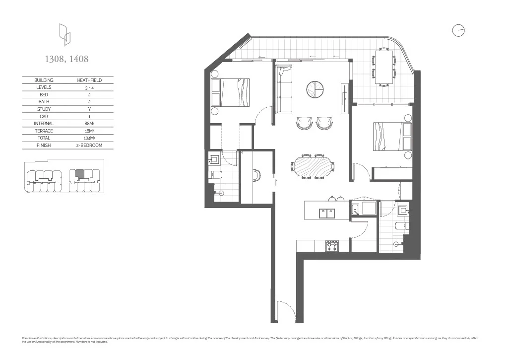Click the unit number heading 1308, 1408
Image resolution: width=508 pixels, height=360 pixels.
click(x=66, y=59)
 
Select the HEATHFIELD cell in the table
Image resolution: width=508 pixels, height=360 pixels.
click(x=90, y=80)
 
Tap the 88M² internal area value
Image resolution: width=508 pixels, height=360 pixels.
click(x=90, y=124)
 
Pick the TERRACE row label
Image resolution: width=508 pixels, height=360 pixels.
click(x=44, y=131)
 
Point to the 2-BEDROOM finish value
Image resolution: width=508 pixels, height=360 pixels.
click(x=90, y=145)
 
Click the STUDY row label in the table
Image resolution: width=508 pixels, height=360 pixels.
click(x=44, y=109)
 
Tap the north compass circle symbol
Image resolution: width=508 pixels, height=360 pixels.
click(x=458, y=30)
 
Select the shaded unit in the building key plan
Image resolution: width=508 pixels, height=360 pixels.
click(x=79, y=173)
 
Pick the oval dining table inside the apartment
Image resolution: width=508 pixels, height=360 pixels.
click(x=313, y=166)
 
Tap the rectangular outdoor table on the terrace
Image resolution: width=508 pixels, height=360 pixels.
click(x=384, y=67)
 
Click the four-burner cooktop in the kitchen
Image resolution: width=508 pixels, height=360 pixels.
click(x=331, y=245)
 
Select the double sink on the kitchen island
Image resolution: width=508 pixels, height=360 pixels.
click(x=326, y=213)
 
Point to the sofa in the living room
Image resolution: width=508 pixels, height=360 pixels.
click(x=284, y=89)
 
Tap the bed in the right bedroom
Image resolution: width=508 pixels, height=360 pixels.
click(x=392, y=137)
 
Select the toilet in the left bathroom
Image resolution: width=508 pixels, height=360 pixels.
click(x=216, y=174)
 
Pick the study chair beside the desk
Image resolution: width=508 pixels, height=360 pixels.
click(x=257, y=176)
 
